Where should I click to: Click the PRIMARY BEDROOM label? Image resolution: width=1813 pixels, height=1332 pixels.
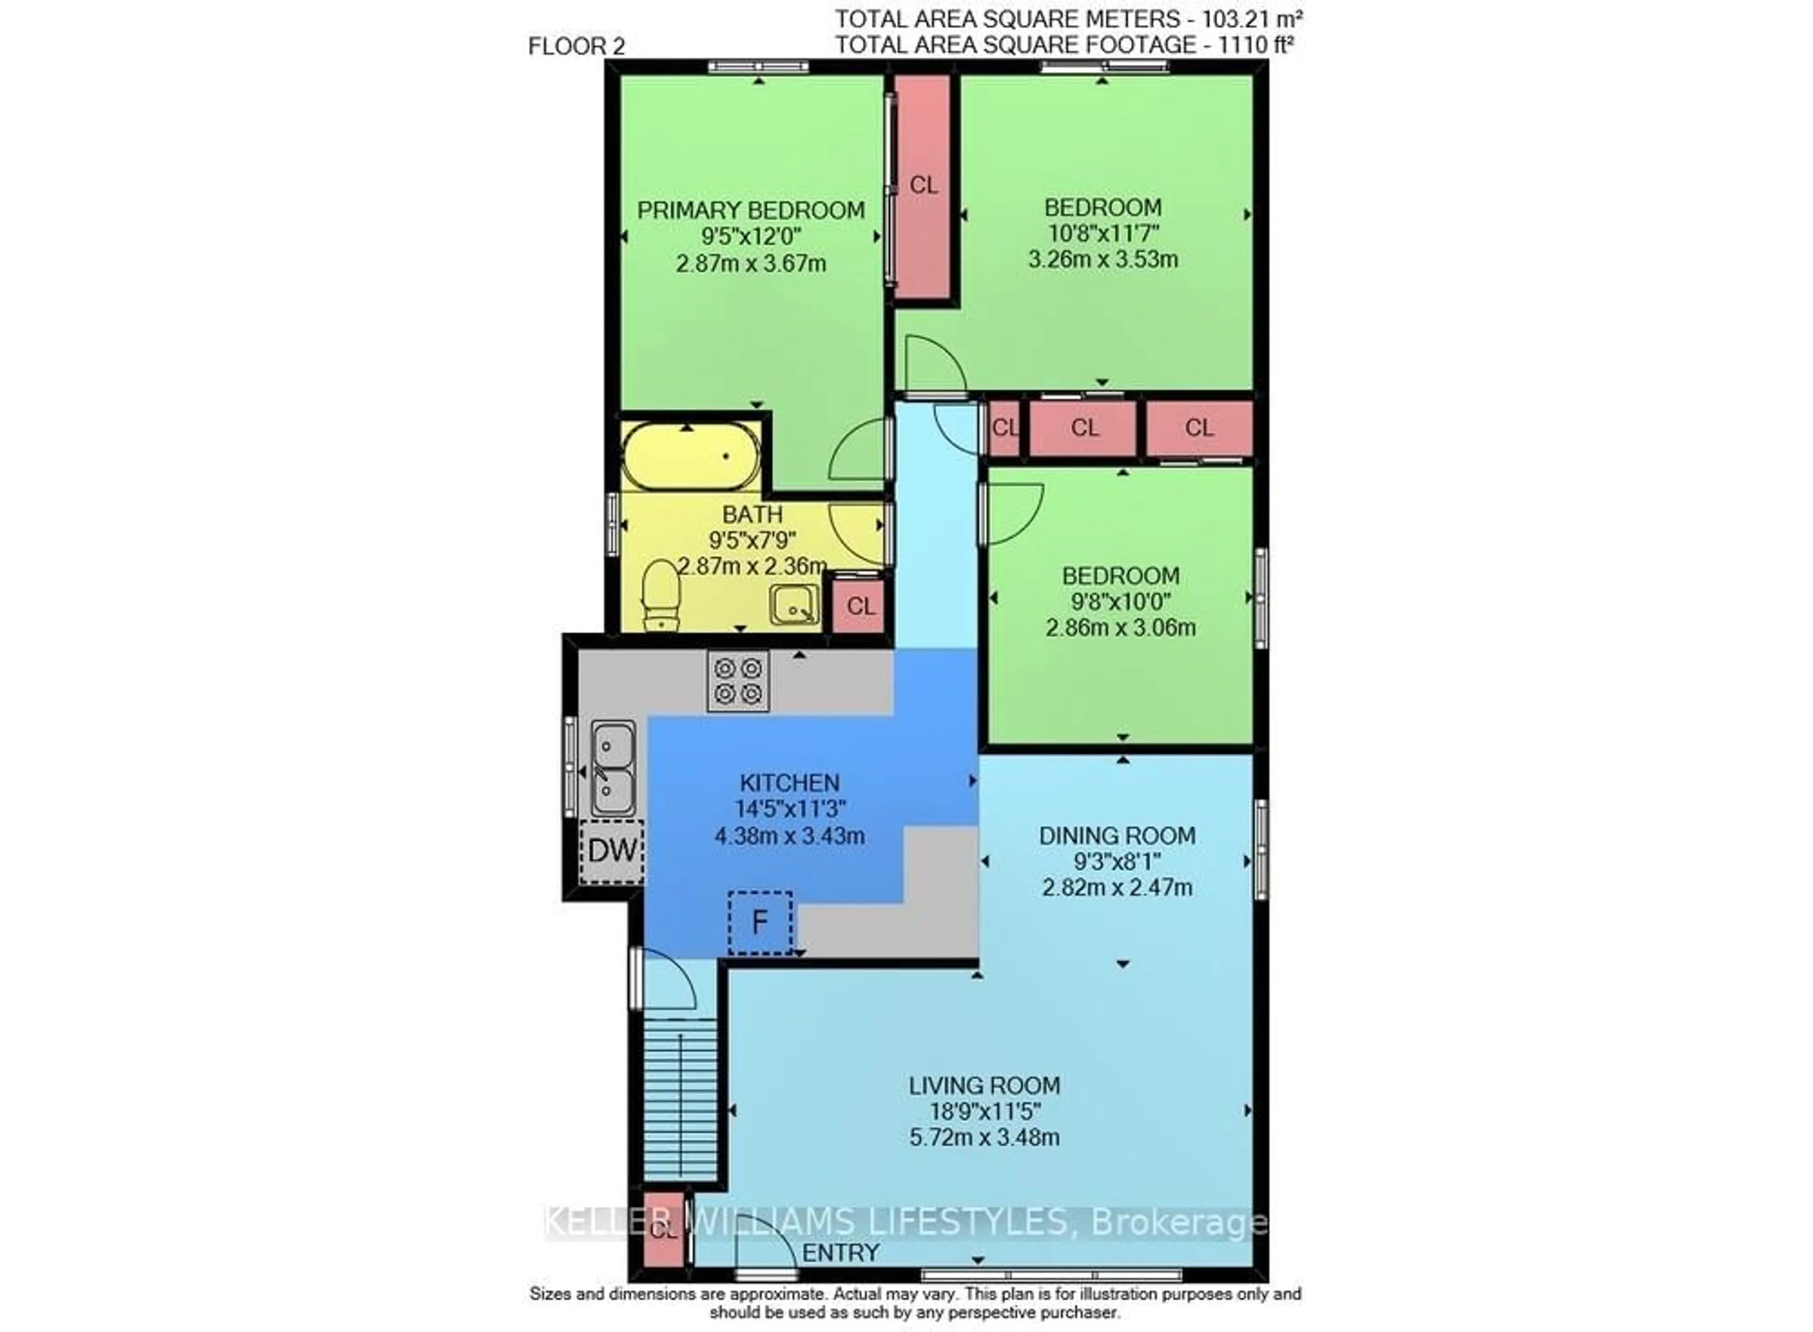(x=751, y=211)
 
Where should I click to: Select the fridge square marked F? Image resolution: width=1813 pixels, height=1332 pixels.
(x=760, y=922)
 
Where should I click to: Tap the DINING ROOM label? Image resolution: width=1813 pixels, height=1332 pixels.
(x=1117, y=836)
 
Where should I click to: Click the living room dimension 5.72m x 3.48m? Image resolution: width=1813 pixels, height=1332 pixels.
(x=984, y=1138)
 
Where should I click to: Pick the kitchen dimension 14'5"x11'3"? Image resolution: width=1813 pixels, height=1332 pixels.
(x=790, y=809)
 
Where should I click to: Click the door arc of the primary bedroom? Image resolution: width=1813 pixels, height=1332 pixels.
(x=858, y=448)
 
